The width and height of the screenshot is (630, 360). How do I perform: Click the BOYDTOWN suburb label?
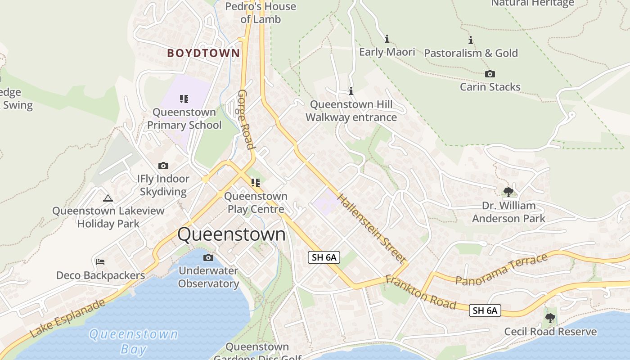tap(203, 53)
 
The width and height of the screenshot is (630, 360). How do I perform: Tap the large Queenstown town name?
tap(231, 234)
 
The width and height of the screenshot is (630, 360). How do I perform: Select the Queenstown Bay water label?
tap(133, 342)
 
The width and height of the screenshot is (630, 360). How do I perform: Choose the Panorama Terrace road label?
tap(501, 269)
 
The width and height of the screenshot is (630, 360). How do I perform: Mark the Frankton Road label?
tap(420, 293)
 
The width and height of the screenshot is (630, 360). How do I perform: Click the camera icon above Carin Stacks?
tap(490, 74)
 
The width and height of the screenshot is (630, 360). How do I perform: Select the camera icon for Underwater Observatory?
tap(208, 258)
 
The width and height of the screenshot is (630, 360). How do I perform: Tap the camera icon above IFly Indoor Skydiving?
tap(163, 166)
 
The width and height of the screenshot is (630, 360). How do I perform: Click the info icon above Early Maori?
tap(387, 39)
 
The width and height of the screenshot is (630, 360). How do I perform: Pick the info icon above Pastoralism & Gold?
tap(471, 40)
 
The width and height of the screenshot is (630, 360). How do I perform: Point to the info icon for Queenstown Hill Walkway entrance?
tap(351, 91)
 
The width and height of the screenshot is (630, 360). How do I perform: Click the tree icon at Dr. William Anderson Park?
tap(508, 192)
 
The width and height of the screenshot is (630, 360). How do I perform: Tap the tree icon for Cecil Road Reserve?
tap(550, 318)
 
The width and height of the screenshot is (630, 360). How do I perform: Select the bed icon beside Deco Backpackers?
tap(100, 262)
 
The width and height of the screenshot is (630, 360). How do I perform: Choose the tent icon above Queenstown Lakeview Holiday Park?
tap(108, 198)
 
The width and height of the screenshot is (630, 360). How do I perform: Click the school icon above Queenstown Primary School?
tap(184, 99)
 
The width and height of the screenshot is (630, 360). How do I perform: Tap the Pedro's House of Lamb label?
tap(261, 13)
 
